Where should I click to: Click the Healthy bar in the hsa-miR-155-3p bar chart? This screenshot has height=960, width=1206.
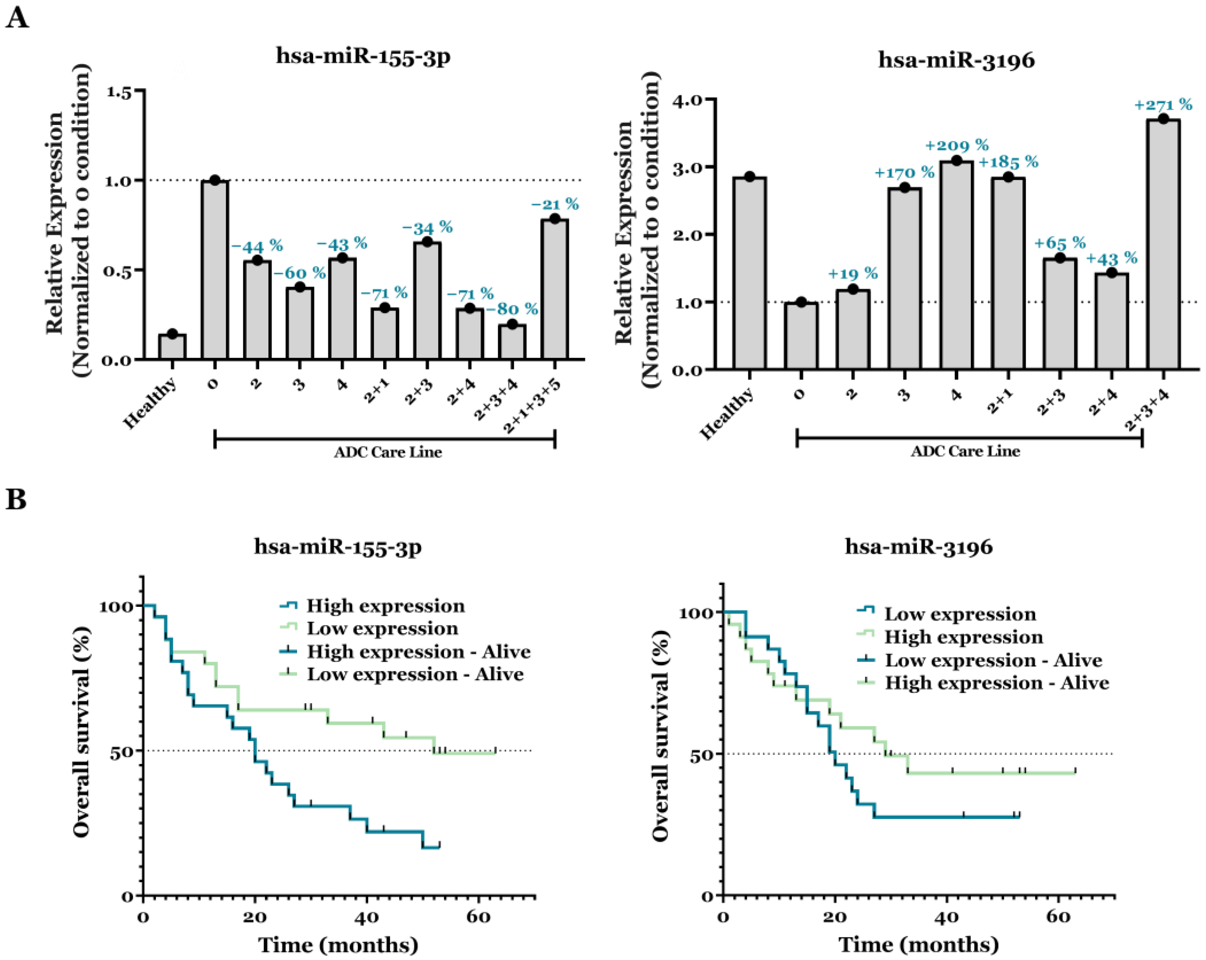click(x=172, y=347)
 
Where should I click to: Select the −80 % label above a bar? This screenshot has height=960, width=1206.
click(x=512, y=309)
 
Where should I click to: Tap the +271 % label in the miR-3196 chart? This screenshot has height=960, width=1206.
click(x=1163, y=105)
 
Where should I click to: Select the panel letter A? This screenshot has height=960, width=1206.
click(x=17, y=18)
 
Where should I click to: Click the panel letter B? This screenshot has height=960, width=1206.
click(x=16, y=499)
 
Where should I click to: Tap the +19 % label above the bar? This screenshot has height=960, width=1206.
click(x=852, y=273)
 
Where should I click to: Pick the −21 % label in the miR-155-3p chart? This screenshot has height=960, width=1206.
click(x=554, y=204)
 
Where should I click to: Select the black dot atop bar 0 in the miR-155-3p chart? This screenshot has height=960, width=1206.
click(x=215, y=180)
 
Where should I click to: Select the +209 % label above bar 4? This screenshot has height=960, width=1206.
click(x=957, y=145)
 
